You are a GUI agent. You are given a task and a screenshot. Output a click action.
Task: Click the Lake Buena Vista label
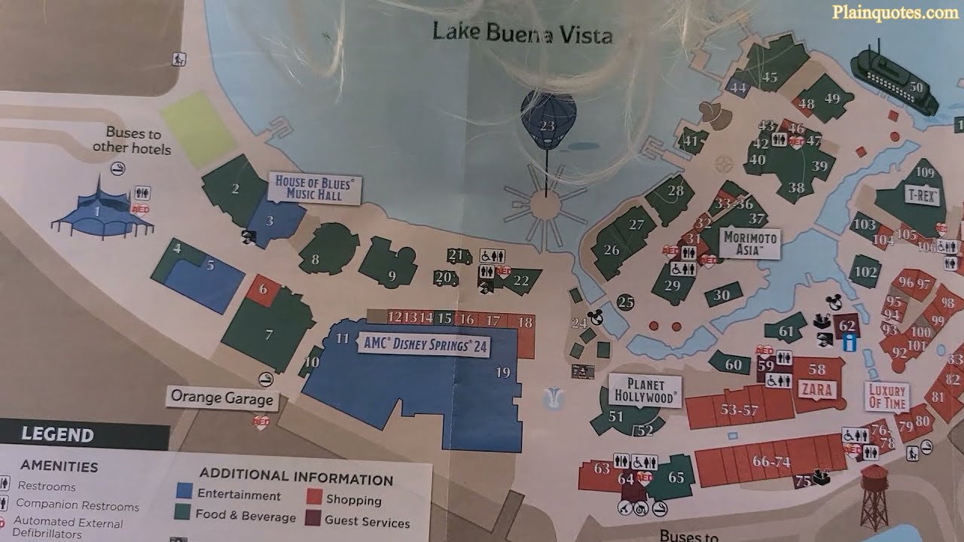(x=523, y=33)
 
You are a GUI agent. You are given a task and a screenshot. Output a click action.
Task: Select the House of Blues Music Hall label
(x=314, y=188)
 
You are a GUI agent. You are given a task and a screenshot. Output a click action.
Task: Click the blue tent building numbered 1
(x=97, y=210)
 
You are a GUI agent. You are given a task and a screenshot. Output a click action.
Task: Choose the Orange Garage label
(x=221, y=397)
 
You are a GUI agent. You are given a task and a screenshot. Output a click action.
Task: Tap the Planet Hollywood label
(x=645, y=390)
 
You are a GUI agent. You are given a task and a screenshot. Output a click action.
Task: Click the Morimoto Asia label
(x=749, y=242)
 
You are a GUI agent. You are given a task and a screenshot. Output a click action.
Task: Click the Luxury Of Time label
(x=886, y=396)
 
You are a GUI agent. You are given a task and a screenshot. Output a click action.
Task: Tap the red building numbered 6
(x=263, y=289)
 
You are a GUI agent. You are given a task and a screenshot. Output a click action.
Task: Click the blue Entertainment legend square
(x=185, y=492)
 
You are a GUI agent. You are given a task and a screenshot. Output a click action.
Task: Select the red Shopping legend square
(x=315, y=497)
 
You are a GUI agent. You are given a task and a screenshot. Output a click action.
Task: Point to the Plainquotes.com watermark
(x=895, y=12)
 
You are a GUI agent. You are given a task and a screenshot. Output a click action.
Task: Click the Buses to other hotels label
(x=133, y=141)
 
